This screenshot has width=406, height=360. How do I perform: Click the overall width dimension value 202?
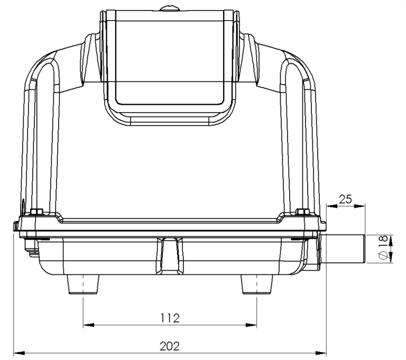coord(170,346)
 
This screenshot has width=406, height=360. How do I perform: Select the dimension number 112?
coord(170,318)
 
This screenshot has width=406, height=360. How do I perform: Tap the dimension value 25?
coord(345,199)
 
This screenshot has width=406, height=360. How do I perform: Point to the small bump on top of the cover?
coord(169,7)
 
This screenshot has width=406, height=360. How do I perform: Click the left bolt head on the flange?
coord(36,213)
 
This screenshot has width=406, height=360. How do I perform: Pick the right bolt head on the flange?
coord(302,213)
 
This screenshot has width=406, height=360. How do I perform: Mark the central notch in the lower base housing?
coord(170,254)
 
